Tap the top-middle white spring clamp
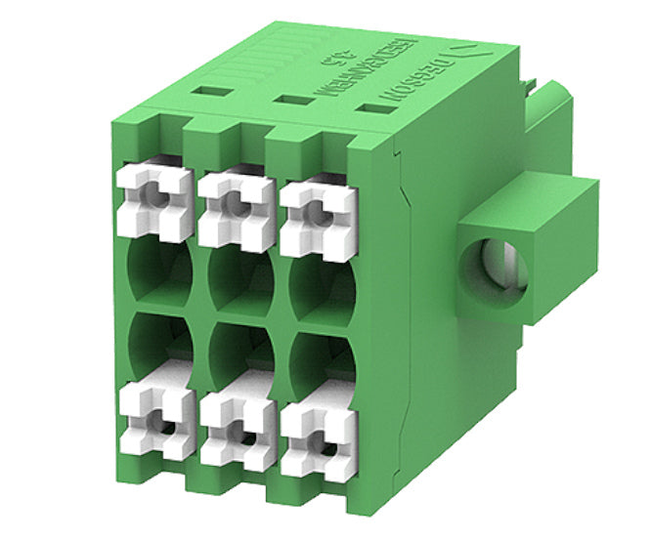(x=236, y=208)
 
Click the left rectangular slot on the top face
(x=212, y=91)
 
